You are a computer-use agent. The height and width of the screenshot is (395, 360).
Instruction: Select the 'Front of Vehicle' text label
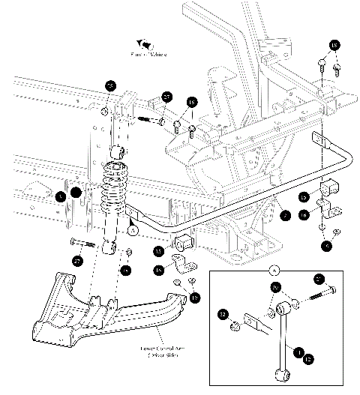pyautogui.click(x=148, y=55)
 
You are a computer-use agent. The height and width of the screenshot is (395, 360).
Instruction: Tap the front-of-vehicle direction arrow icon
pyautogui.click(x=143, y=46)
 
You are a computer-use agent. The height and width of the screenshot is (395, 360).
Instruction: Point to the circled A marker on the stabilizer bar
pyautogui.click(x=132, y=232)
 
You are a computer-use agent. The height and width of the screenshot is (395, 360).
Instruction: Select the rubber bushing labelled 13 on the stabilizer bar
pyautogui.click(x=183, y=243)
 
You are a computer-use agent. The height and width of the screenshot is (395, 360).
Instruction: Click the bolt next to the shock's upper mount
pyautogui.click(x=151, y=120)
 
